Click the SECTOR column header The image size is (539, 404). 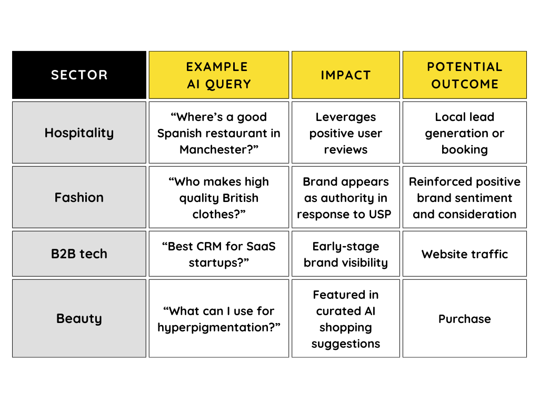pos(79,75)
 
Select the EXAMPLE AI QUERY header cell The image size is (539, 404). pos(219,75)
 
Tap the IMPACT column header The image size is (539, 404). pos(346,75)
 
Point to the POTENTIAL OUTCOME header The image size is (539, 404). pos(464,75)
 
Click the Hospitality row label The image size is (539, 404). pos(79,133)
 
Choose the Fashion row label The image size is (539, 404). pos(79,197)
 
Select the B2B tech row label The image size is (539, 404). pos(79,254)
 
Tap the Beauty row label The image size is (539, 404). pos(79,318)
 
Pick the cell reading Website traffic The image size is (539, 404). pos(464,254)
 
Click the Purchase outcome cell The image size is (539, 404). pos(464,319)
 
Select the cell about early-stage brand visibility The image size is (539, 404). pos(346,254)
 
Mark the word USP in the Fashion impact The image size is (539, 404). pos(380,214)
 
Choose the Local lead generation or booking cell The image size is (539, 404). pos(464,133)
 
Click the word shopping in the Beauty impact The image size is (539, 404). pos(346,327)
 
